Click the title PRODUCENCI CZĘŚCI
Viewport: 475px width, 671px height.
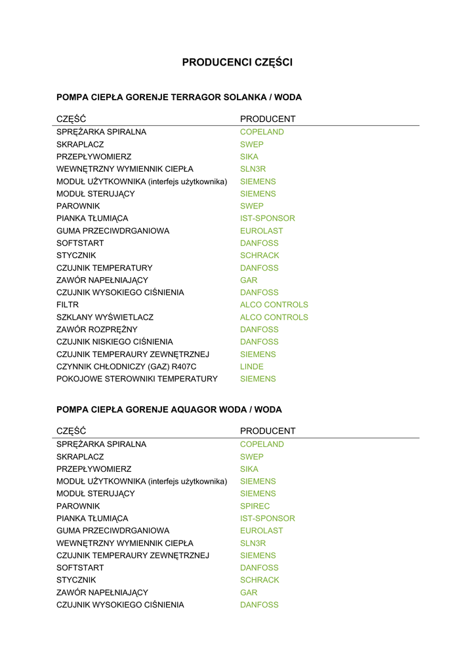[237, 62]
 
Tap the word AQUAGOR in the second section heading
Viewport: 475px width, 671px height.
[196, 410]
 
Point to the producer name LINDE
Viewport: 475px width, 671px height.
[252, 366]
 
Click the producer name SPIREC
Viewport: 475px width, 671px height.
[255, 506]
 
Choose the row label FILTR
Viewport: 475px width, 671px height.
[68, 305]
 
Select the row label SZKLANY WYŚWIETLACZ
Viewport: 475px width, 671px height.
[105, 317]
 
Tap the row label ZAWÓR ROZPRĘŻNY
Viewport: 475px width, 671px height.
[97, 330]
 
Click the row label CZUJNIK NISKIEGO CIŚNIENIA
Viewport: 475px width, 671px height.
[115, 342]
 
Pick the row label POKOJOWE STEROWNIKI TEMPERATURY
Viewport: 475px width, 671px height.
[137, 379]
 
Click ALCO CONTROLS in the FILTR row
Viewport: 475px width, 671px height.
[274, 305]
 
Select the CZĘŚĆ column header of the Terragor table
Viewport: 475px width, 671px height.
[72, 119]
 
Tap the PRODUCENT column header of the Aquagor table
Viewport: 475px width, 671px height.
[268, 431]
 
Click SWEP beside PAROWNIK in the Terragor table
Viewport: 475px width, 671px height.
[252, 206]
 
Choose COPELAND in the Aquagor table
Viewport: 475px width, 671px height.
[262, 444]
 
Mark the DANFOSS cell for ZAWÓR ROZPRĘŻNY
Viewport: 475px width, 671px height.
[259, 330]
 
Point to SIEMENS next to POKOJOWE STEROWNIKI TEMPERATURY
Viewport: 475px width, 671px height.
[258, 379]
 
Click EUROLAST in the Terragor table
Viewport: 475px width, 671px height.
[262, 231]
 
